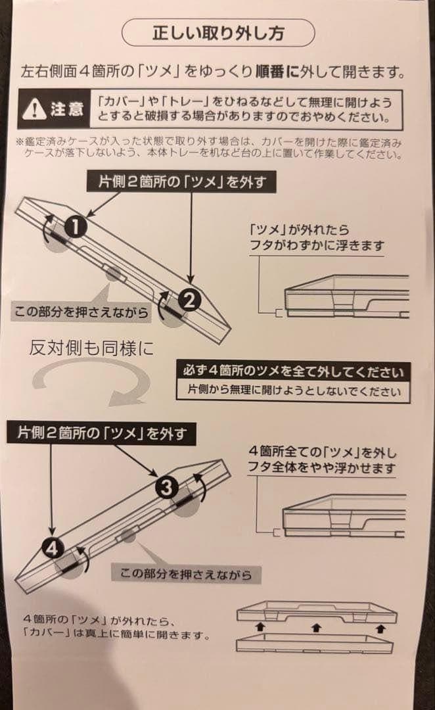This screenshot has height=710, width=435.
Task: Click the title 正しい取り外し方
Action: pyautogui.click(x=218, y=32)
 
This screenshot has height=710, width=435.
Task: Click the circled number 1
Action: pyautogui.click(x=76, y=227)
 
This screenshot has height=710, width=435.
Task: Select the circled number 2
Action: pyautogui.click(x=188, y=300)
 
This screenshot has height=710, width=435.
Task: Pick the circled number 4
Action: pyautogui.click(x=53, y=547)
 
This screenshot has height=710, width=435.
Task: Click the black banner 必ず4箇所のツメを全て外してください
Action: pyautogui.click(x=293, y=371)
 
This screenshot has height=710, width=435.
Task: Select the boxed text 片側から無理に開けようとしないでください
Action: pyautogui.click(x=293, y=390)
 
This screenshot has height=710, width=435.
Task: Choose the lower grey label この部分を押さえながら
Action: pyautogui.click(x=187, y=573)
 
